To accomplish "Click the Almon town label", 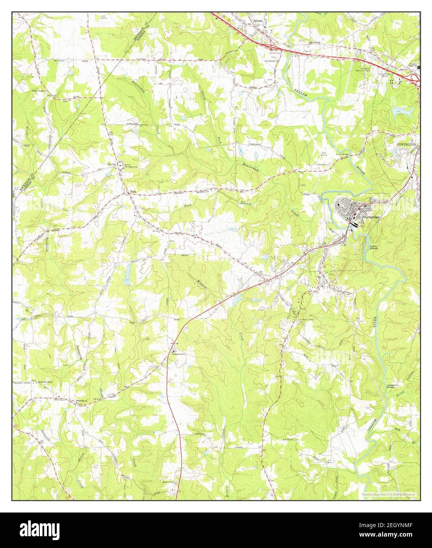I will click(x=258, y=21).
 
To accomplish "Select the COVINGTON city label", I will click(x=406, y=145).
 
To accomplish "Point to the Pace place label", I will click(x=133, y=192).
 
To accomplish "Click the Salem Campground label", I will click(x=130, y=166).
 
